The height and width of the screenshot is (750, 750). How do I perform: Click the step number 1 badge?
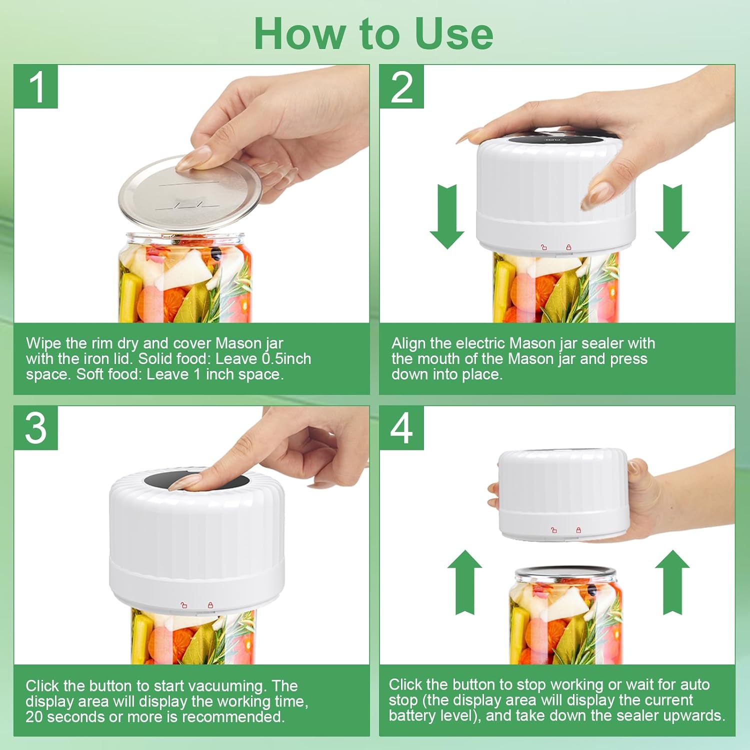[x=36, y=86]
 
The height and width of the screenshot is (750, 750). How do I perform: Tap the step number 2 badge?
[x=401, y=86]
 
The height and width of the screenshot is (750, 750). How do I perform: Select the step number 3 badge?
[x=36, y=428]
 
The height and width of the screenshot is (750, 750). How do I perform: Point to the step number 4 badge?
[x=401, y=428]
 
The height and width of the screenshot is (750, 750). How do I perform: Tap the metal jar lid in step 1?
[x=190, y=192]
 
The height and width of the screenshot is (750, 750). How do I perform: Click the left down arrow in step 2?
[x=447, y=216]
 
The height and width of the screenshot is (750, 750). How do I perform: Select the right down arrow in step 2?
[x=672, y=216]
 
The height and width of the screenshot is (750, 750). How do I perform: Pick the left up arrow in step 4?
[x=464, y=582]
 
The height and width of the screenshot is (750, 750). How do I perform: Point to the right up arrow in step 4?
[x=672, y=582]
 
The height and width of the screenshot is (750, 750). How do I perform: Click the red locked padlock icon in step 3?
[x=210, y=605]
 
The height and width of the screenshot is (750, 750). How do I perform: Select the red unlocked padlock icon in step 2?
[x=544, y=246]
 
